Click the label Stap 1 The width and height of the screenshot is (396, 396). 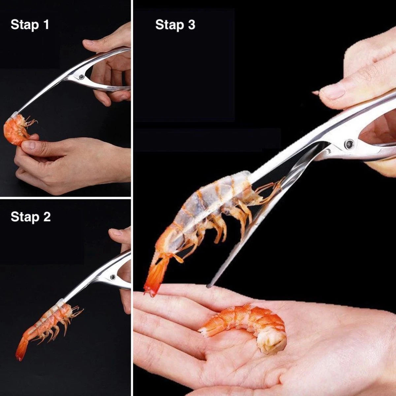(x=30, y=25)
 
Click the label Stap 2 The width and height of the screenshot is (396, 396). (x=31, y=217)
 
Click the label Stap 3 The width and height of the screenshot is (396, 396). (x=175, y=25)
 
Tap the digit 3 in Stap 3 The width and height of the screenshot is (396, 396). (x=191, y=24)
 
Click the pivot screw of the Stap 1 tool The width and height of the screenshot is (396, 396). (x=82, y=77)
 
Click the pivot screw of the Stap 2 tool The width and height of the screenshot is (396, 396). (x=113, y=277)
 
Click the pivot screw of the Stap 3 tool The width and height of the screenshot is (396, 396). (x=349, y=144)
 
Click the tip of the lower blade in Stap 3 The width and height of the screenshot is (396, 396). (x=208, y=286)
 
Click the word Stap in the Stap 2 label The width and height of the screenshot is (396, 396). (x=25, y=217)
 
